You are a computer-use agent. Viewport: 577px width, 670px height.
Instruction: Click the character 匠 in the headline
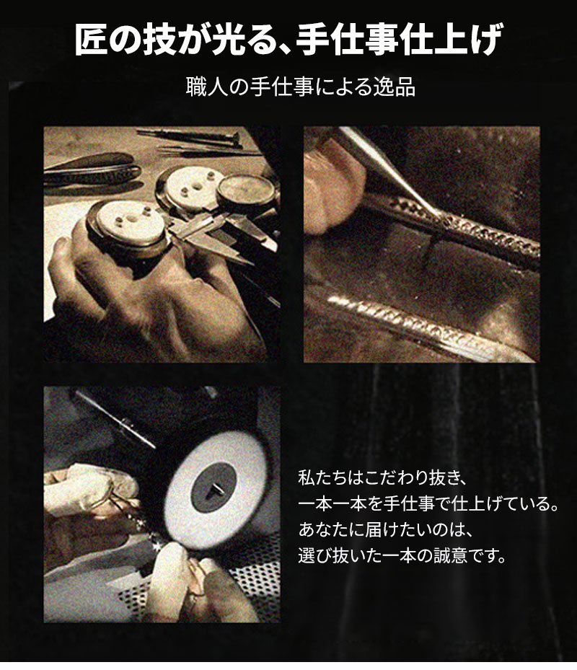pos(91,40)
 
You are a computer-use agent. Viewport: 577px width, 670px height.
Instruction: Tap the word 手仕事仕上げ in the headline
pos(398,40)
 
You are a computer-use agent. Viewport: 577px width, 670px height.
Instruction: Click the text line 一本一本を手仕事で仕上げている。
pos(428,503)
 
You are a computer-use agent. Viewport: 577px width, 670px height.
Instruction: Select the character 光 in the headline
pos(228,40)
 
